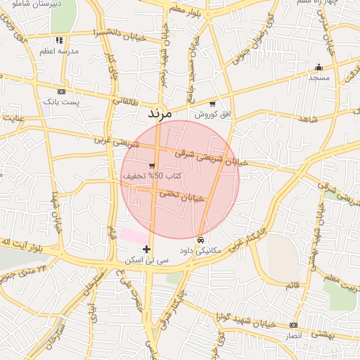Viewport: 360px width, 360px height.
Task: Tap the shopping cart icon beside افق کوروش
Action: (212, 103)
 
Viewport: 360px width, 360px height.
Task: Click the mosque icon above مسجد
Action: (319, 67)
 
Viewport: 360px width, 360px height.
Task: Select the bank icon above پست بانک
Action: (61, 91)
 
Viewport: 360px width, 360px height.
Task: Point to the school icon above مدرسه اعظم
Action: (60, 41)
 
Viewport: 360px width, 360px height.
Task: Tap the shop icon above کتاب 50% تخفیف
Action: (152, 165)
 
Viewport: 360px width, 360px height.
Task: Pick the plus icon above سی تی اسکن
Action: (146, 249)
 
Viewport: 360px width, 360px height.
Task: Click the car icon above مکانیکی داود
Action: (201, 240)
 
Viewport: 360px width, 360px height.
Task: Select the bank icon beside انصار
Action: (293, 325)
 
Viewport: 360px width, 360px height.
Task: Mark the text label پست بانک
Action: (62, 102)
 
